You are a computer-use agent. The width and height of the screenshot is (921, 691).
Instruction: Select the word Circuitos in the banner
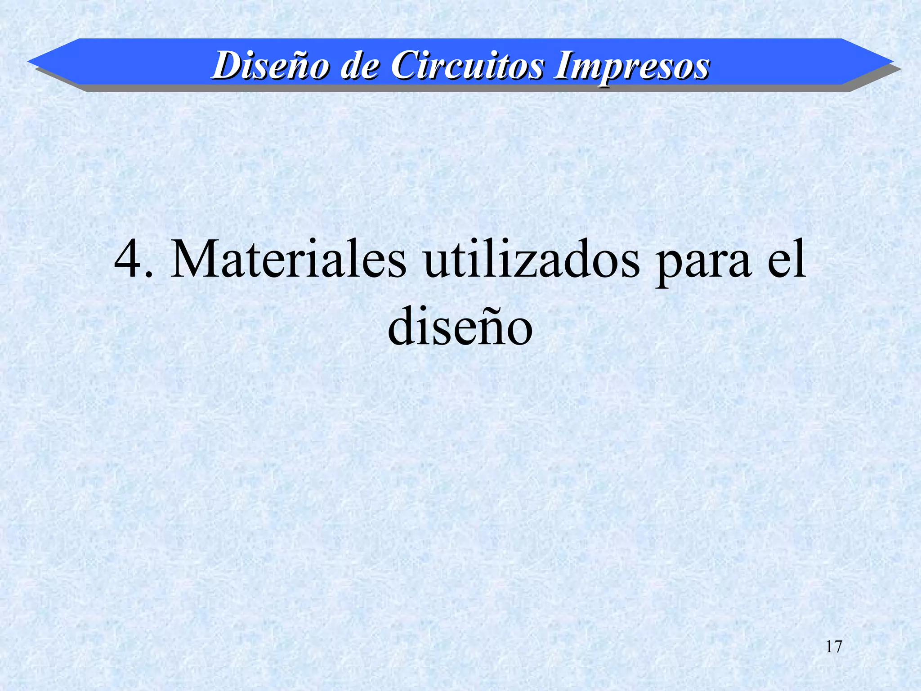[x=467, y=66]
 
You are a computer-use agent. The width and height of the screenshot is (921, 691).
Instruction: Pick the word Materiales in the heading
[x=288, y=260]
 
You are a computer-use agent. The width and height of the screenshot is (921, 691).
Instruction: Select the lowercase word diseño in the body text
[x=460, y=326]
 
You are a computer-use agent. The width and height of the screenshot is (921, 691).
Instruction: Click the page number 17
[x=834, y=646]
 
